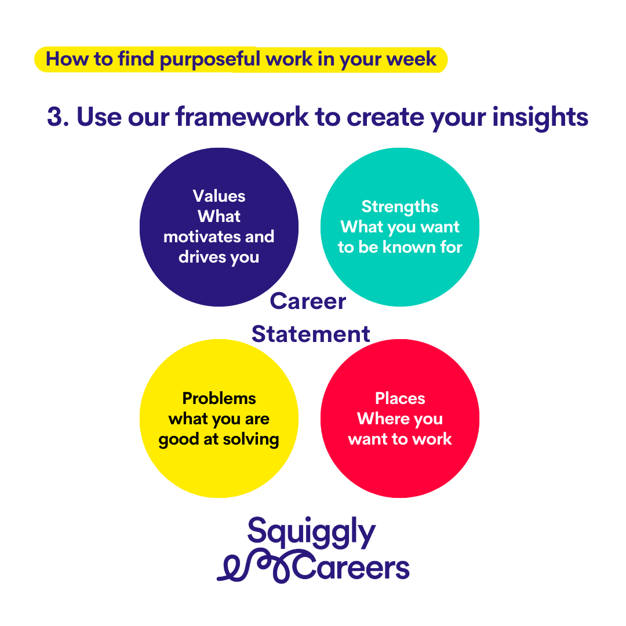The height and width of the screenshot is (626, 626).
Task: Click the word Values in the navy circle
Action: (x=219, y=196)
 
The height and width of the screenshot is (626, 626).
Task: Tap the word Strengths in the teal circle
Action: (x=399, y=207)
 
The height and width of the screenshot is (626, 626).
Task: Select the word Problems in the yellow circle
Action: (x=219, y=398)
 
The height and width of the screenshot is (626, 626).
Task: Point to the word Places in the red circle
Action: (x=399, y=398)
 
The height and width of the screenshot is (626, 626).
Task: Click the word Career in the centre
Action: (x=308, y=301)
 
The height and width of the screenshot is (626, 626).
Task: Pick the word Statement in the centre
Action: (x=311, y=334)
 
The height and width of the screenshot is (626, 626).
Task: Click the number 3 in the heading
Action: (x=54, y=117)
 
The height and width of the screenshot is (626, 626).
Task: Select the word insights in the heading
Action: (x=540, y=118)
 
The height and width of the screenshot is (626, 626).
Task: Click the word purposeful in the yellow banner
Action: (x=210, y=60)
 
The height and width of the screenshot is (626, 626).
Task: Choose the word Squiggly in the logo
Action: (x=311, y=532)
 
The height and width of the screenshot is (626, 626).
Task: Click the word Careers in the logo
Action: (x=351, y=567)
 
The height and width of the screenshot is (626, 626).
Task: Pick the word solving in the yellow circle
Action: (x=251, y=440)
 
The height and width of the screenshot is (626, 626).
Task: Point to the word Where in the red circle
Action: (x=383, y=419)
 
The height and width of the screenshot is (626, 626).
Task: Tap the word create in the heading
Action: (x=385, y=117)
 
